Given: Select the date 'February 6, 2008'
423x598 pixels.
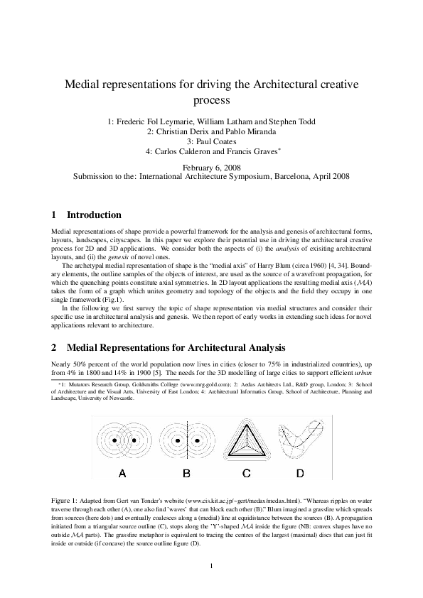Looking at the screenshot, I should pyautogui.click(x=211, y=166).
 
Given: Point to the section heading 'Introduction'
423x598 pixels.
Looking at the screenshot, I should pyautogui.click(x=94, y=215).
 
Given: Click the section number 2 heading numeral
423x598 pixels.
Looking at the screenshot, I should pyautogui.click(x=55, y=348).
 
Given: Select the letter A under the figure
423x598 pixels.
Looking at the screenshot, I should pyautogui.click(x=123, y=473).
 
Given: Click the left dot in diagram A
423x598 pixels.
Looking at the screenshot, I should pyautogui.click(x=114, y=441).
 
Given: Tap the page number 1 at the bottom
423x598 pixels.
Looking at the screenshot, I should pyautogui.click(x=211, y=565).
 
